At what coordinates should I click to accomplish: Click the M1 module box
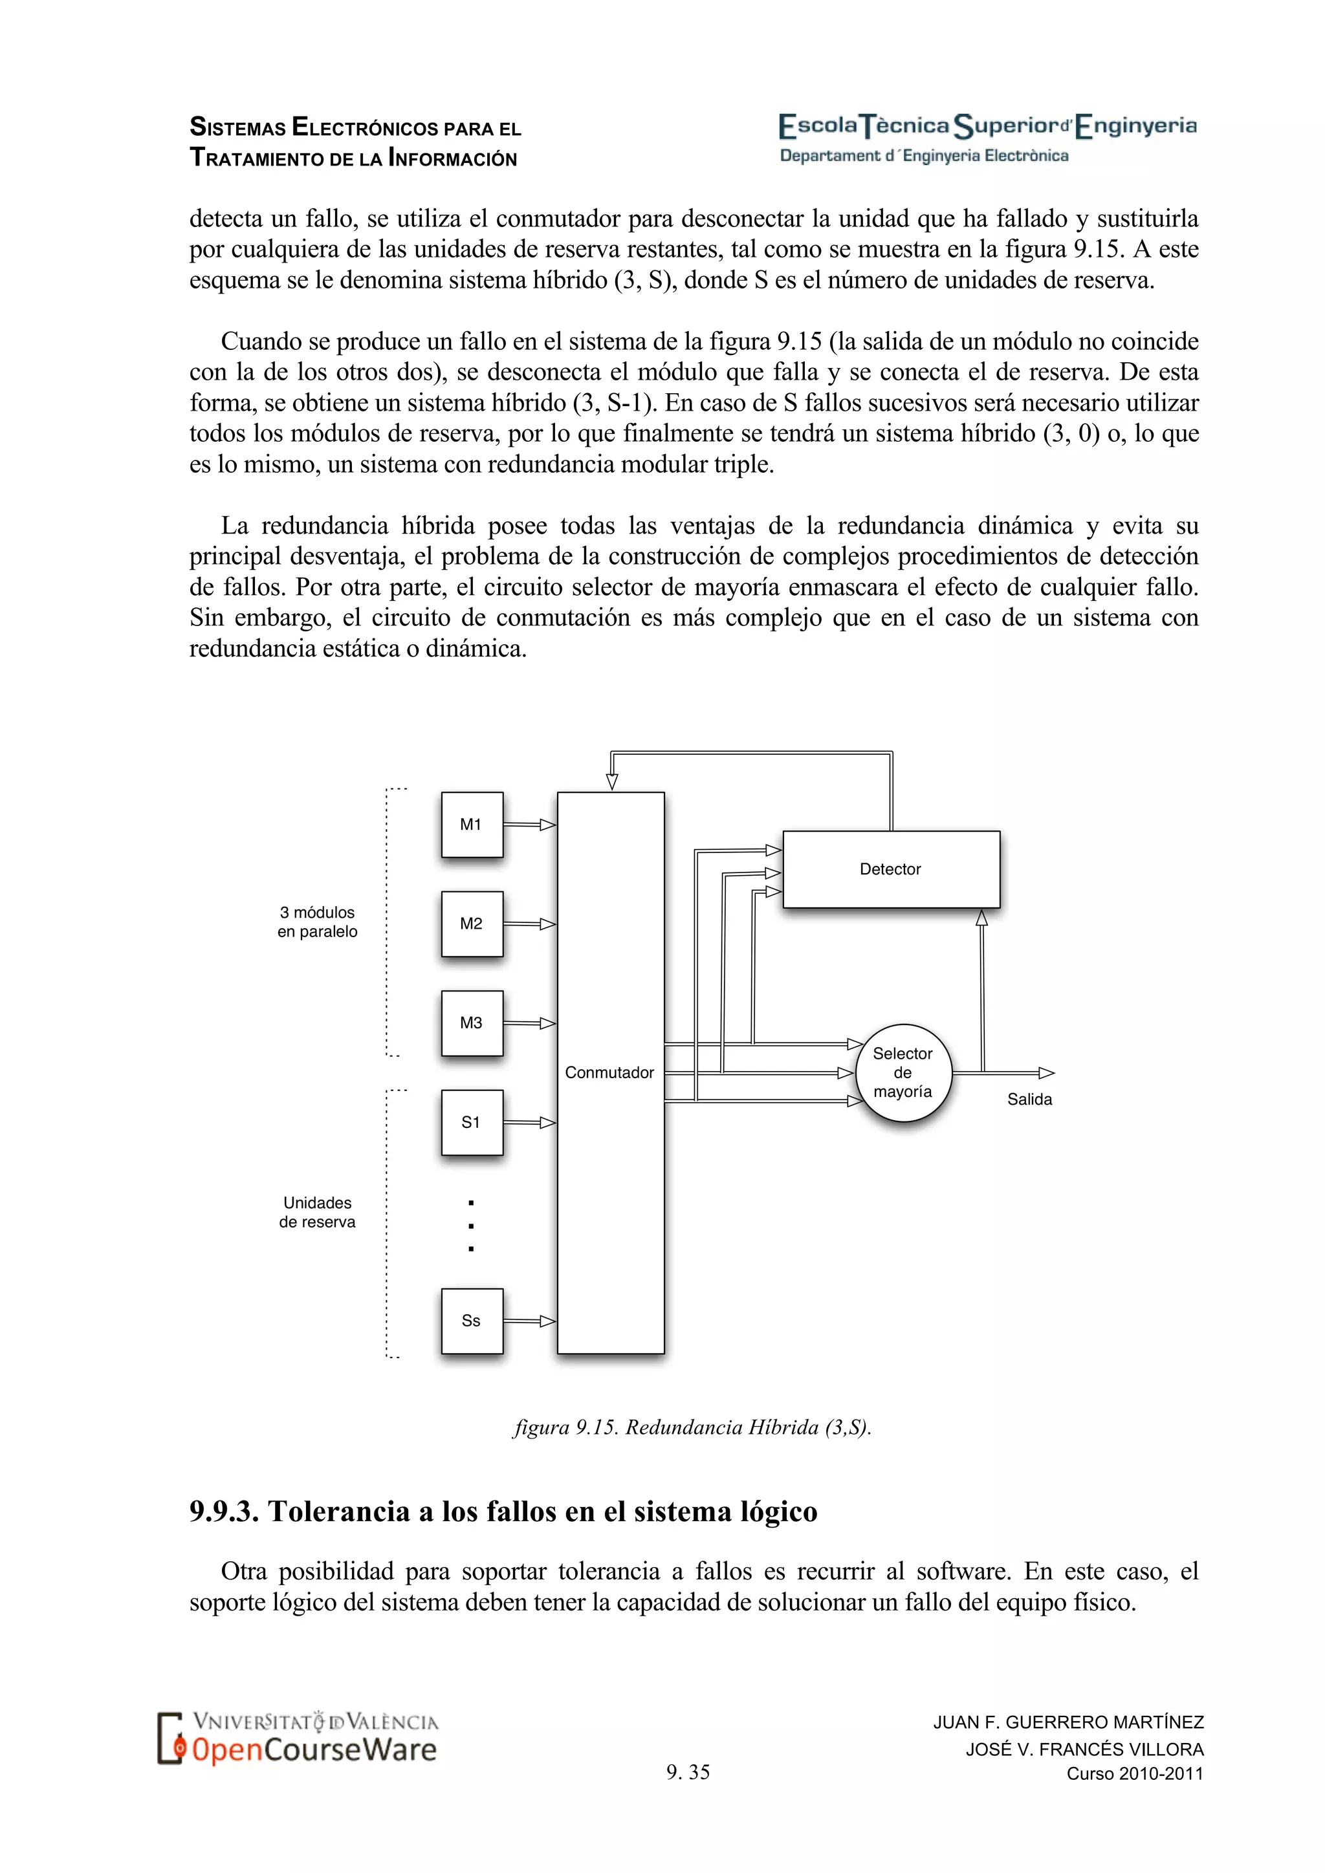coord(472,824)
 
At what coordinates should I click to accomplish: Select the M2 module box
coord(472,924)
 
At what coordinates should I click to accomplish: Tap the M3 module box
coord(472,1023)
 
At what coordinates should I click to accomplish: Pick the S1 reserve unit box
coord(472,1123)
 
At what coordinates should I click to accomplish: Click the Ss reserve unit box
coord(472,1321)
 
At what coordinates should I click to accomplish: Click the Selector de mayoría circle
coord(903,1073)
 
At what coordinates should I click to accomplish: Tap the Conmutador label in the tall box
coord(609,1073)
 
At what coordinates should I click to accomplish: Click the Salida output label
coord(1029,1099)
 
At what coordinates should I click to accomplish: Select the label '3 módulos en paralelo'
coord(318,922)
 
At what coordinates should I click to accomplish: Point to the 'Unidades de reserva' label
coord(318,1212)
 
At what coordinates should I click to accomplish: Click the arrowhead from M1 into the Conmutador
coord(548,825)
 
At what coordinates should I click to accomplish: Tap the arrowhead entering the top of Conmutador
coord(612,781)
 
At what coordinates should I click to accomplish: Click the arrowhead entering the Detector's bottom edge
coord(981,918)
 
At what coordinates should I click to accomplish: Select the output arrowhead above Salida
coord(1046,1073)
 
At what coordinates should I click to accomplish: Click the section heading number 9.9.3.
coord(224,1511)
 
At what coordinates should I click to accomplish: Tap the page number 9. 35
coord(688,1772)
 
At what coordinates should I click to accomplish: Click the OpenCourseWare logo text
coord(314,1751)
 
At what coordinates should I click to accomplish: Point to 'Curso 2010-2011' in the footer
coord(1135,1773)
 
